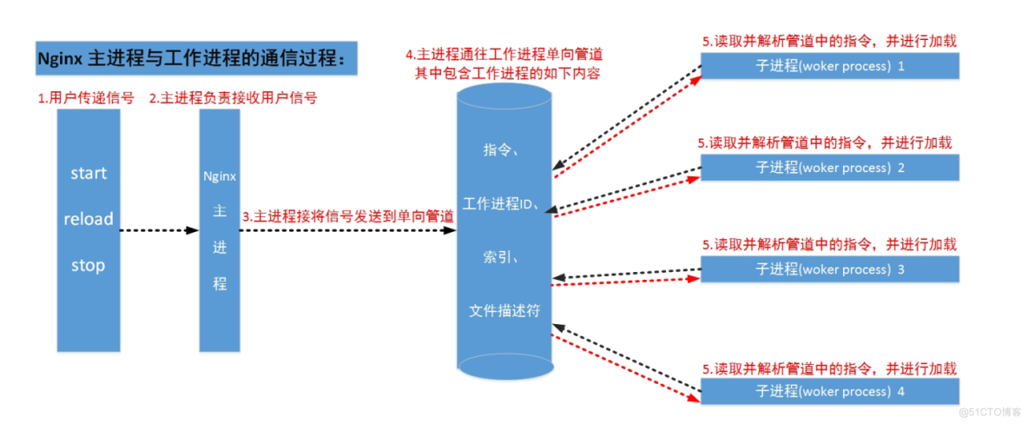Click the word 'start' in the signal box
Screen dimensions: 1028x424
(89, 173)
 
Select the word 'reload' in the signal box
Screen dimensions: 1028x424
(89, 219)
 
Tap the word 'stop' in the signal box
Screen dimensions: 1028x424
(89, 265)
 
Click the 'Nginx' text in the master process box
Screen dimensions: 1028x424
(220, 176)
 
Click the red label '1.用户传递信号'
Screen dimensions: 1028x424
(85, 98)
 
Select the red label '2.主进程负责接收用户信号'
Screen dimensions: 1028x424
(233, 98)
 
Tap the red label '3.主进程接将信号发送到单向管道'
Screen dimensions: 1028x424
(348, 216)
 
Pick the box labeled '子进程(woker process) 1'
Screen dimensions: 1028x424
(829, 66)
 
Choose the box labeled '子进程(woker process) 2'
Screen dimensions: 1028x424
(829, 168)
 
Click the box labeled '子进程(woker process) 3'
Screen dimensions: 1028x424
(829, 269)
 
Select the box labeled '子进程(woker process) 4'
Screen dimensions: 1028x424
(829, 392)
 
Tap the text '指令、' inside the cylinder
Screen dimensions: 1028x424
(502, 150)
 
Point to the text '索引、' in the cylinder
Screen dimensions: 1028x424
(502, 257)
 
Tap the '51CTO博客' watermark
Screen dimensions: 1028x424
(992, 410)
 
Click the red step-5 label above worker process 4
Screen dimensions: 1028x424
(829, 369)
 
